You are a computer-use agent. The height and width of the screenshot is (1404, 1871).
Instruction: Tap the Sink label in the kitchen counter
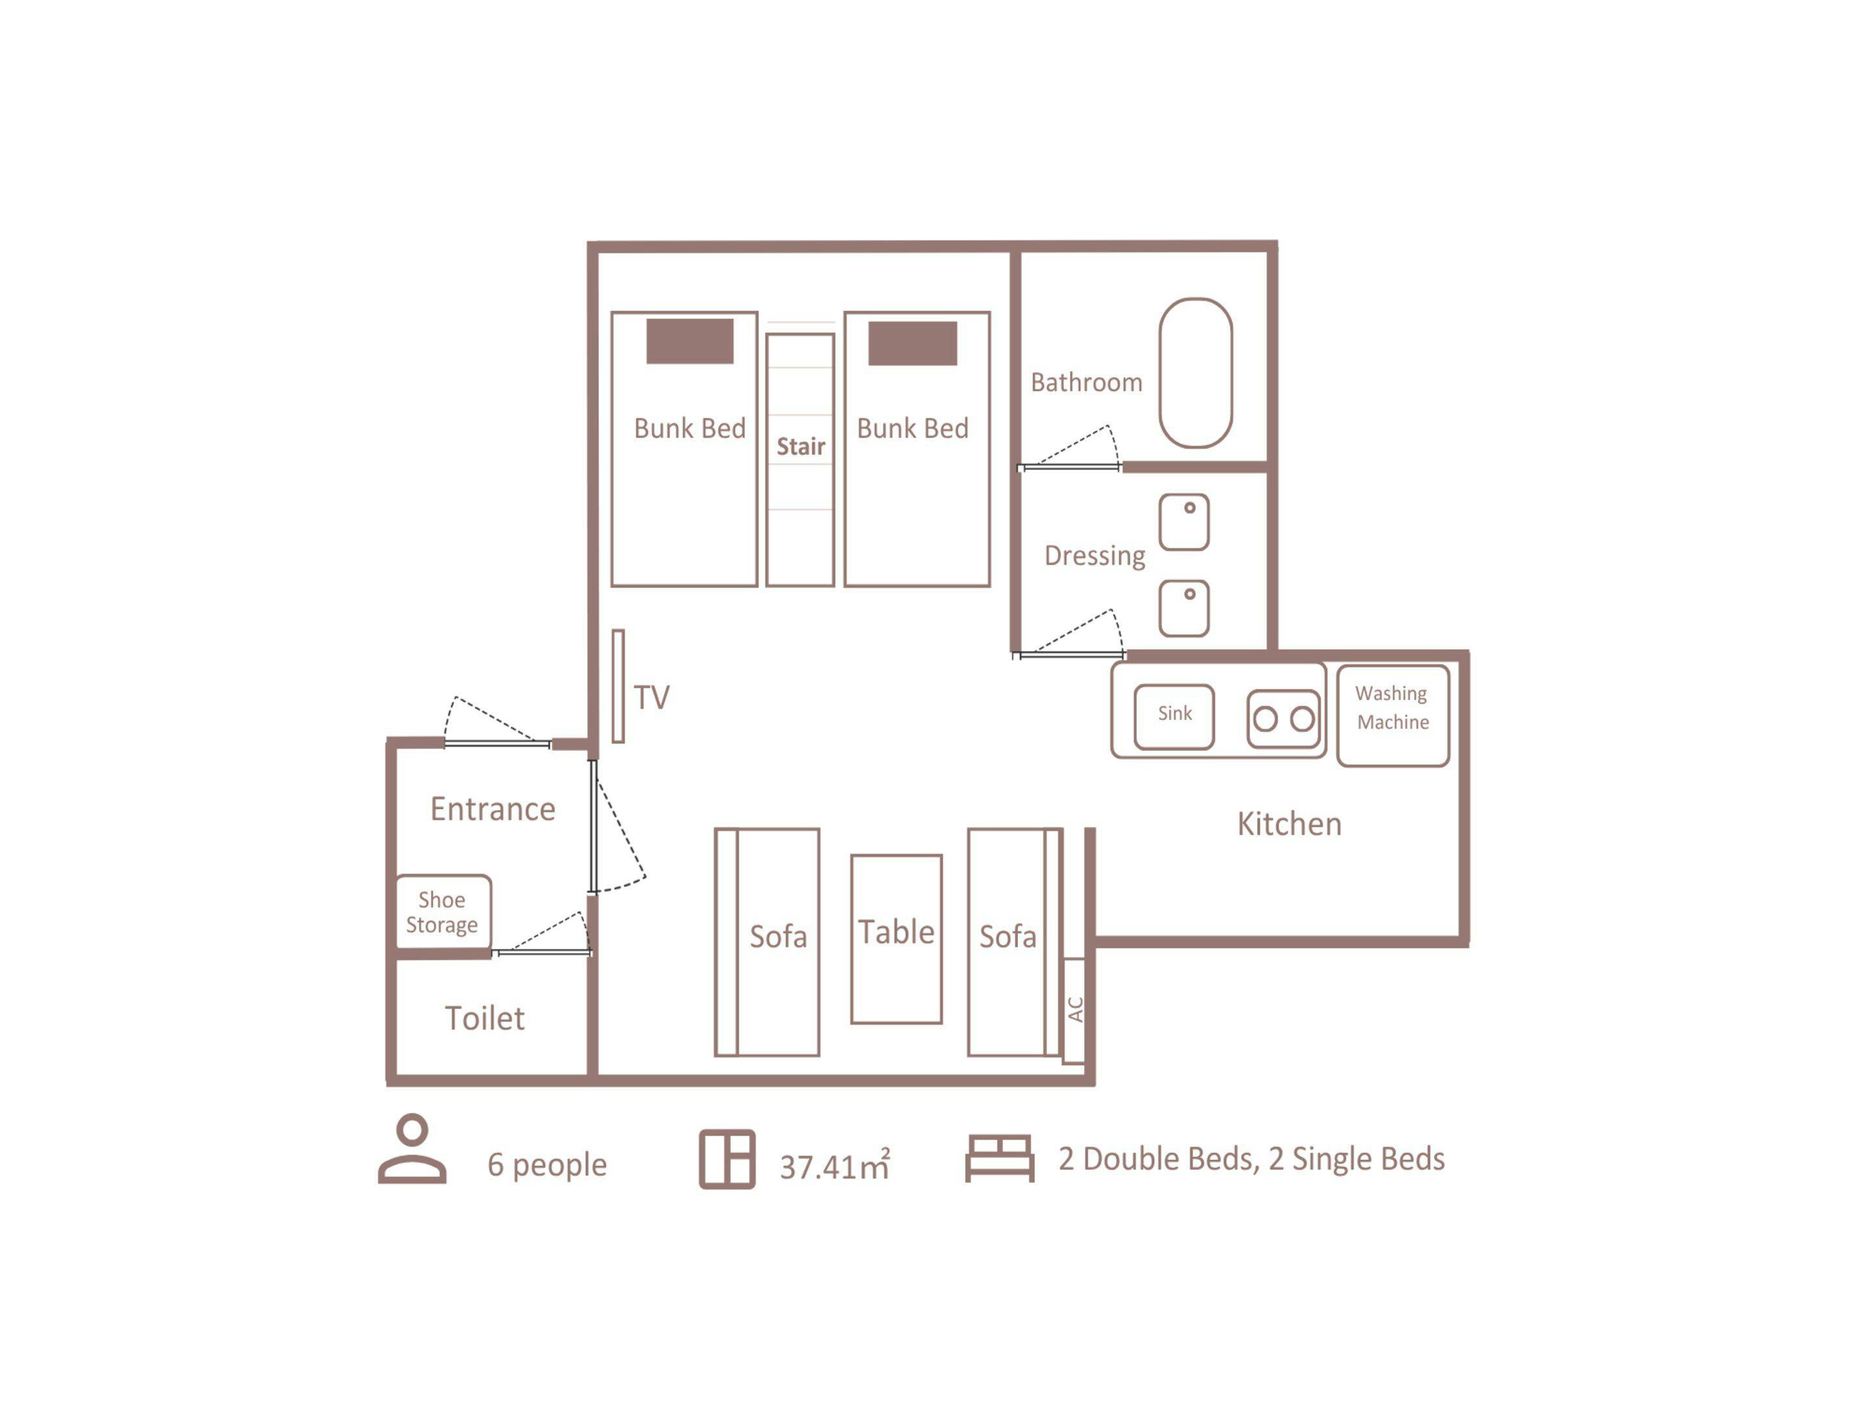[x=1175, y=714]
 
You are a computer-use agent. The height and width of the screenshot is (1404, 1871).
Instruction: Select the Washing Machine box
[x=1393, y=716]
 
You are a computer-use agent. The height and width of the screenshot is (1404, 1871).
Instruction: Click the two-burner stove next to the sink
[x=1283, y=718]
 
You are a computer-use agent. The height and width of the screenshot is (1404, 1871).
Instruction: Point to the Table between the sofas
[x=897, y=939]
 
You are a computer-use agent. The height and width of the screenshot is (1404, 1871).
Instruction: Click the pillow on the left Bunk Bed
[x=690, y=341]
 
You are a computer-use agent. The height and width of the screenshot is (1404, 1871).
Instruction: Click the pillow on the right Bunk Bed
[x=913, y=343]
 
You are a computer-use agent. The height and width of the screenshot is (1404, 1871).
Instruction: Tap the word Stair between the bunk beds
[x=801, y=446]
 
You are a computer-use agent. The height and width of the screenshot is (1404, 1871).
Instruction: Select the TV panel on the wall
[x=618, y=686]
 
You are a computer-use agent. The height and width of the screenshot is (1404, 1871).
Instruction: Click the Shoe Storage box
[x=443, y=913]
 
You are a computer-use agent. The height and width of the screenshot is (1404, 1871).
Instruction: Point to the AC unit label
[x=1075, y=1009]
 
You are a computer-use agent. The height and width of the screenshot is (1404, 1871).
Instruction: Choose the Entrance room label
[x=493, y=809]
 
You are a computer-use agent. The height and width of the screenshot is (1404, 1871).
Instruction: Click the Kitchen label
[x=1289, y=824]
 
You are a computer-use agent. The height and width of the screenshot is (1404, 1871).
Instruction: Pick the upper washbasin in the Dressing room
[x=1184, y=522]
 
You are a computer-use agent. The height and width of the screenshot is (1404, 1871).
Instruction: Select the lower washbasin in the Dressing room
[x=1184, y=608]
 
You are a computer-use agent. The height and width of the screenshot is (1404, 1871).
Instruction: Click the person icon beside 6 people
[x=412, y=1149]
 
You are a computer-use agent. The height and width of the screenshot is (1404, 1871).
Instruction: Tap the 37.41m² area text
[x=835, y=1165]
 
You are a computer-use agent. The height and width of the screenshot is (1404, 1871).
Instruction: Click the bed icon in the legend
[x=1000, y=1158]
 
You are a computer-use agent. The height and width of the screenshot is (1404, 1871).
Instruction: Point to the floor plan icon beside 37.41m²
[x=728, y=1160]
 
